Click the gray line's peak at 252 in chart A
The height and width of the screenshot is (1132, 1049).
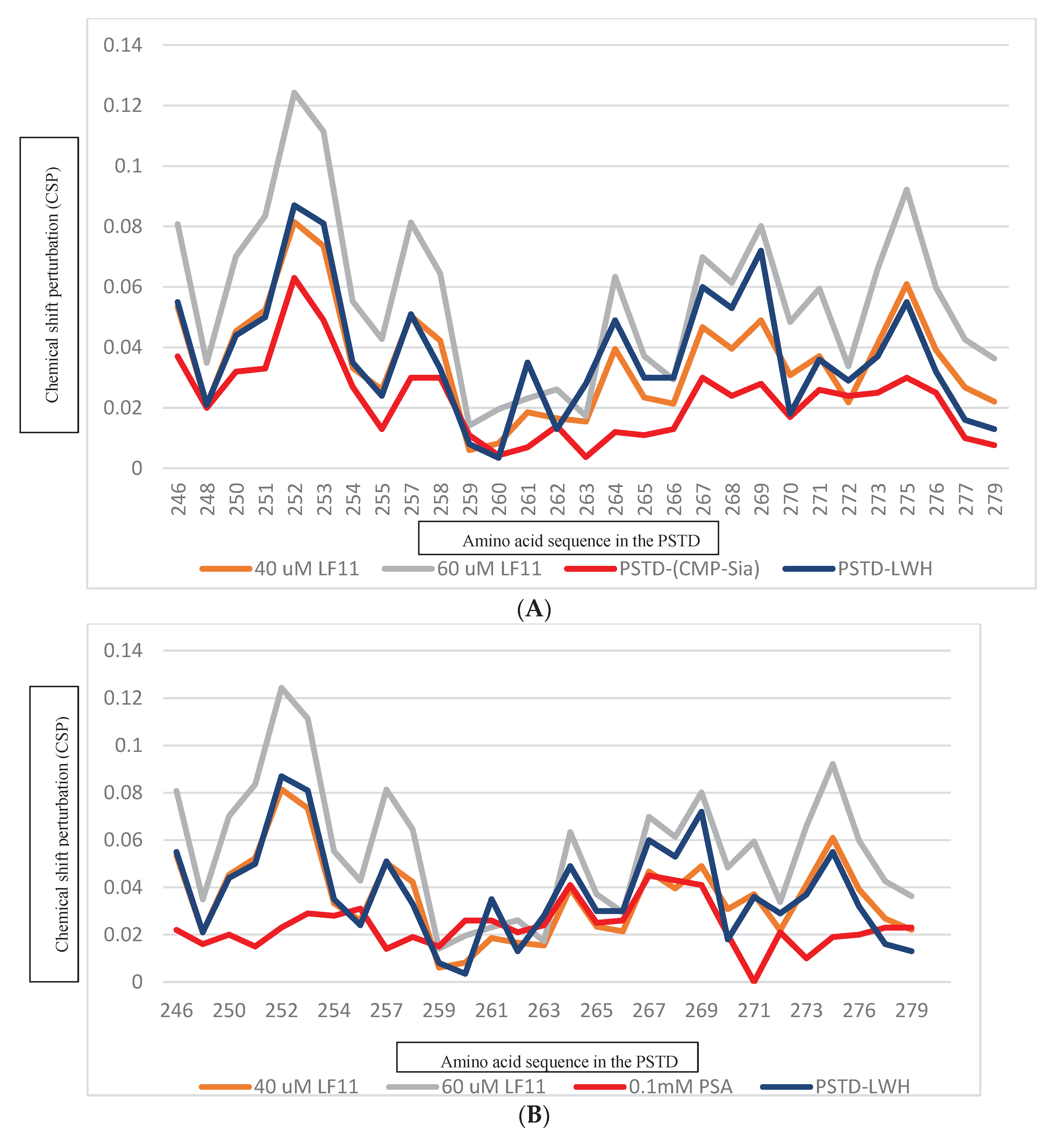(x=294, y=92)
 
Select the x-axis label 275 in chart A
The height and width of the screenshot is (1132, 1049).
(x=907, y=499)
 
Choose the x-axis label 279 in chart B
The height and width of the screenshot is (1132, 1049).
(x=911, y=1011)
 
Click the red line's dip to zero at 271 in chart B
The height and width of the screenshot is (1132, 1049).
(x=754, y=981)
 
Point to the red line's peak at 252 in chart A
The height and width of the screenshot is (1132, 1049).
(x=294, y=278)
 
